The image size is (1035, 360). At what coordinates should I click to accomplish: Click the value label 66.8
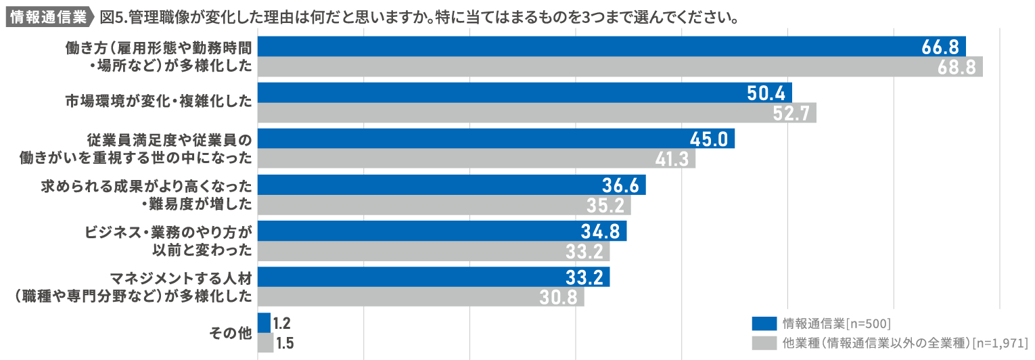pos(940,47)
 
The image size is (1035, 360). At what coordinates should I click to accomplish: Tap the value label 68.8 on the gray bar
pos(957,67)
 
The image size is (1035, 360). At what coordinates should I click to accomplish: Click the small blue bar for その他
pos(264,323)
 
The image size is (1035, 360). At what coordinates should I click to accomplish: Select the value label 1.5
pos(285,343)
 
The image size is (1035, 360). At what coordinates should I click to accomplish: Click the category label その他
pos(231,333)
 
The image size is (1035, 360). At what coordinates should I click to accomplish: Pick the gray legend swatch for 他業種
pos(764,342)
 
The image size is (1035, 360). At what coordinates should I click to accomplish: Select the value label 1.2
pos(282,323)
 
